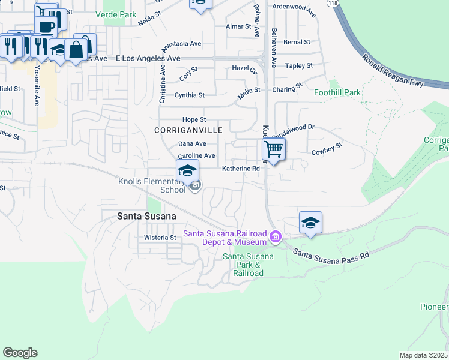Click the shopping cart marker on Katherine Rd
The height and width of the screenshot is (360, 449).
point(274,149)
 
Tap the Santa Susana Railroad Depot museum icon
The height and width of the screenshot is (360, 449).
point(276,238)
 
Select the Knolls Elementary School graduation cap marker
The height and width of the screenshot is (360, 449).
point(187,170)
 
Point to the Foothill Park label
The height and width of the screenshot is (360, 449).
point(337,93)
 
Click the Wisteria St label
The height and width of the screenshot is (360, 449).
point(160,238)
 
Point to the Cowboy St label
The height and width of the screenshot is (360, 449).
point(327,148)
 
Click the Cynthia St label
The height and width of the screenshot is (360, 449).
point(189,95)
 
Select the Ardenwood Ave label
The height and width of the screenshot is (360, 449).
point(294,11)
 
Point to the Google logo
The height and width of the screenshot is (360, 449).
point(20,353)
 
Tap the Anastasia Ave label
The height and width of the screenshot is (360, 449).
point(183,44)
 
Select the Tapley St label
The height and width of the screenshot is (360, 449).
point(299,66)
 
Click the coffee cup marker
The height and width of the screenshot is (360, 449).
point(46,26)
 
